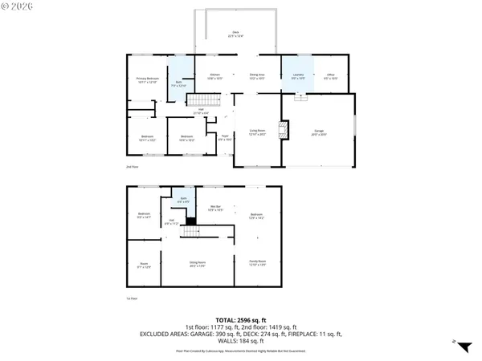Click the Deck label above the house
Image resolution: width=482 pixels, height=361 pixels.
(235, 33)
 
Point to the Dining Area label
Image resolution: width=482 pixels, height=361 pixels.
(256, 78)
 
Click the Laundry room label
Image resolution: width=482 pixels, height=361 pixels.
(297, 78)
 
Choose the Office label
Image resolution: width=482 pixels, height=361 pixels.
(330, 78)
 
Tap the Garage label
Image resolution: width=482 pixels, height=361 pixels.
(319, 134)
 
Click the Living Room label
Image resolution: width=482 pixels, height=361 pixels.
(256, 131)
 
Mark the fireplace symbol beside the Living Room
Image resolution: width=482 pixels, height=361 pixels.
(282, 131)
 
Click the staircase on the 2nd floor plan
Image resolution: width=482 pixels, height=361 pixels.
(203, 101)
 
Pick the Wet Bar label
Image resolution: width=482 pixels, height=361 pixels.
(216, 209)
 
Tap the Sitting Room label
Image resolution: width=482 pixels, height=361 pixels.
(197, 263)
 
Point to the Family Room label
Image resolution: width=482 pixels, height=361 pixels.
(256, 263)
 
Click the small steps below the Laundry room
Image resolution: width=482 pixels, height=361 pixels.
(300, 97)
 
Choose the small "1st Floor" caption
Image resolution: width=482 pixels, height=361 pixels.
(132, 298)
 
